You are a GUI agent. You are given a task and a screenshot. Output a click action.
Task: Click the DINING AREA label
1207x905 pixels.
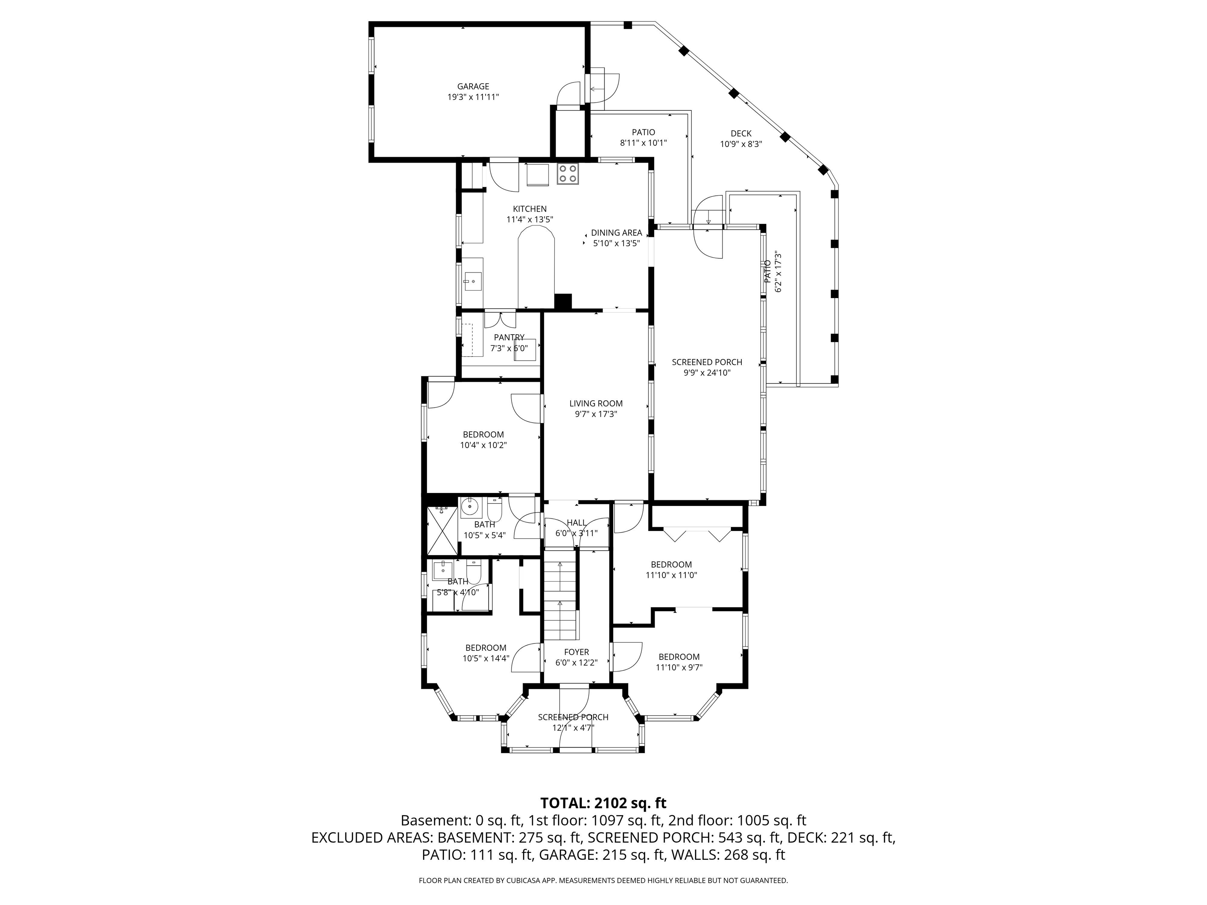point(616,233)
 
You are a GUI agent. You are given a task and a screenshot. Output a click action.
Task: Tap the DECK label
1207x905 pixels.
point(741,134)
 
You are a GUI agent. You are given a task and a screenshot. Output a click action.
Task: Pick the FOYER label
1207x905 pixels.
point(576,652)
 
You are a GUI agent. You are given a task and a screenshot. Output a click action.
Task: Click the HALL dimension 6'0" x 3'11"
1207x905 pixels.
point(576,533)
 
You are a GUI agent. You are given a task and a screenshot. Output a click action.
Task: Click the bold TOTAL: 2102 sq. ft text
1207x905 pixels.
point(603,803)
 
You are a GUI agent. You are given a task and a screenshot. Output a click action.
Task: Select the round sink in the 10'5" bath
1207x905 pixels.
point(470,507)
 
